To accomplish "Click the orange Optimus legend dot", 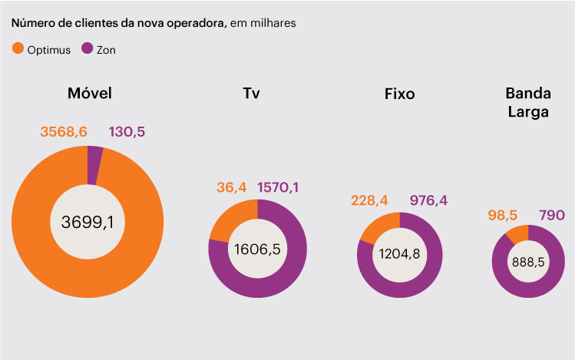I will [18, 49].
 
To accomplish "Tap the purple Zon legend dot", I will [87, 49].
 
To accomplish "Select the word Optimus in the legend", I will [49, 50].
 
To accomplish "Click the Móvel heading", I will [90, 94].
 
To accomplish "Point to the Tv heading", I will [251, 94].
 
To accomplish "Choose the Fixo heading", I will [399, 94].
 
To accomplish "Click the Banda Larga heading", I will [528, 102].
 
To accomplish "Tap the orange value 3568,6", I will [64, 132].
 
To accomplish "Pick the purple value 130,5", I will [127, 132].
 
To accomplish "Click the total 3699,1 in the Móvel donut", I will [88, 223].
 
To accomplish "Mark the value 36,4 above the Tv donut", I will [231, 187].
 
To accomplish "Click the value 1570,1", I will [283, 187].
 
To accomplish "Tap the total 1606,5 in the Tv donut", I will [257, 249].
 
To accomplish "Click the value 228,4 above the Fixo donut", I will [370, 200].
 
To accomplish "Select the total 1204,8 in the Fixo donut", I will [399, 255].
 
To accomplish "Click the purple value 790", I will [553, 214].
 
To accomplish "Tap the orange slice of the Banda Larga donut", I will [517, 233].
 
